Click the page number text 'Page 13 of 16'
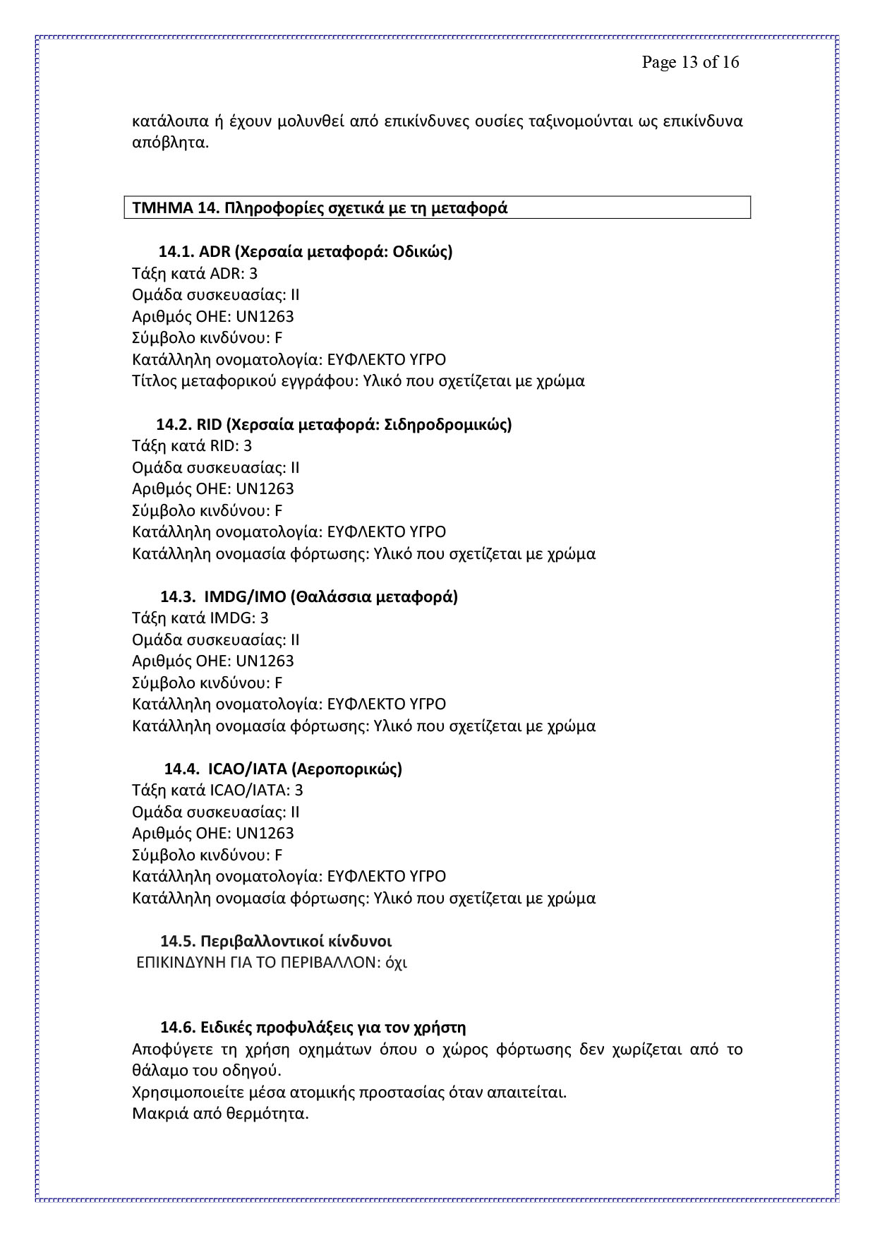coord(690,62)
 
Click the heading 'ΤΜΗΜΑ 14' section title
coord(320,208)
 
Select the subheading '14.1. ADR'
coord(305,251)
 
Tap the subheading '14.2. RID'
coord(334,424)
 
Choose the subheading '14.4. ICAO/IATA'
coord(283,769)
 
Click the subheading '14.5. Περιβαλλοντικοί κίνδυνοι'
coord(276,941)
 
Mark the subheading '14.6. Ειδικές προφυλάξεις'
coord(313,1027)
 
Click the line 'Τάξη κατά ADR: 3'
coord(195,273)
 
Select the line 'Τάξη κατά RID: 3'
coord(192,445)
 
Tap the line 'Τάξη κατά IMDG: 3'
coord(200,618)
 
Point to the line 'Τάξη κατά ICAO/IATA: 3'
coord(217,791)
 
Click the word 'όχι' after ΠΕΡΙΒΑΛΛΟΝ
coord(397,963)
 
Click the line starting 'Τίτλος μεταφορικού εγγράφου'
coord(358,381)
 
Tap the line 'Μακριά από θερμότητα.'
coord(221,1114)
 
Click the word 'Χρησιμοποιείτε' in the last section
coord(188,1093)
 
